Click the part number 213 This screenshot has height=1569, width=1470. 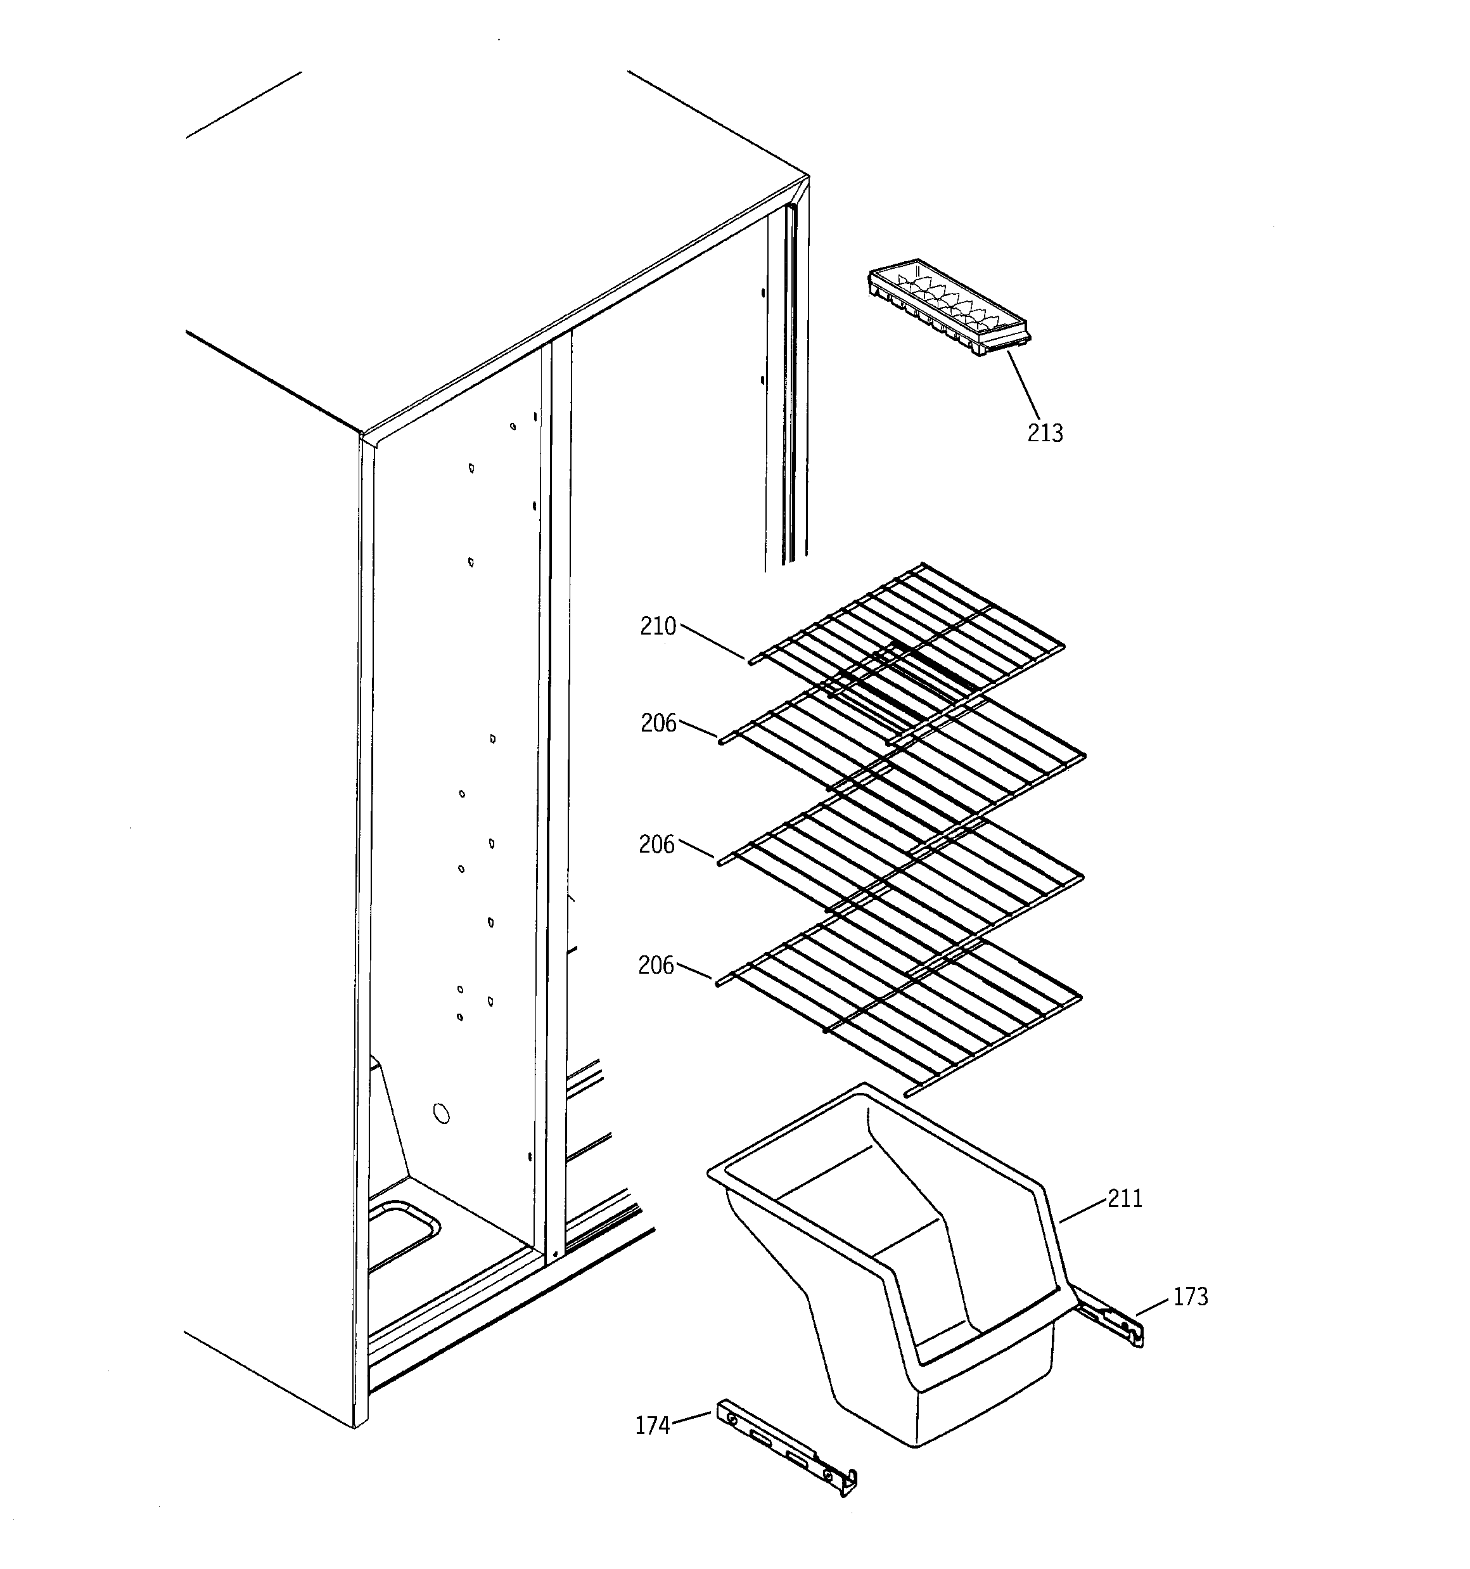[x=1044, y=433]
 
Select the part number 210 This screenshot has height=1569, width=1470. [x=658, y=627]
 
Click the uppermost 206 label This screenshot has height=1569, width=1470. [x=658, y=723]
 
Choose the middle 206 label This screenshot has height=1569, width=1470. [x=656, y=845]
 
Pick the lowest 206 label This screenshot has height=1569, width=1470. [x=656, y=966]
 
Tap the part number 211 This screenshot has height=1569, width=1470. [x=1125, y=1199]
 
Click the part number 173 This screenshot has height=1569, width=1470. [x=1190, y=1296]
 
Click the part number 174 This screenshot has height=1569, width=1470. [x=653, y=1425]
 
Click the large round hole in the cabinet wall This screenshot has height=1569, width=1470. [x=442, y=1114]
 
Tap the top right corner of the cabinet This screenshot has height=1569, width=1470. [x=807, y=178]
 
